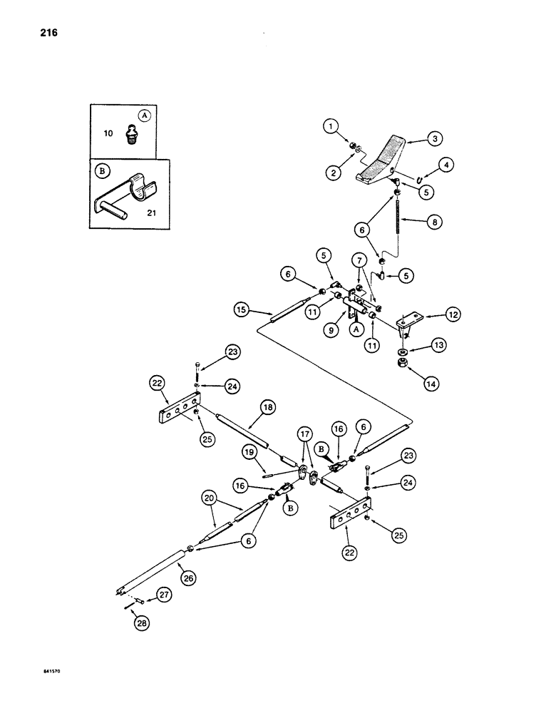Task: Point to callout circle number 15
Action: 240,309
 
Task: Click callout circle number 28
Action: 145,625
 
